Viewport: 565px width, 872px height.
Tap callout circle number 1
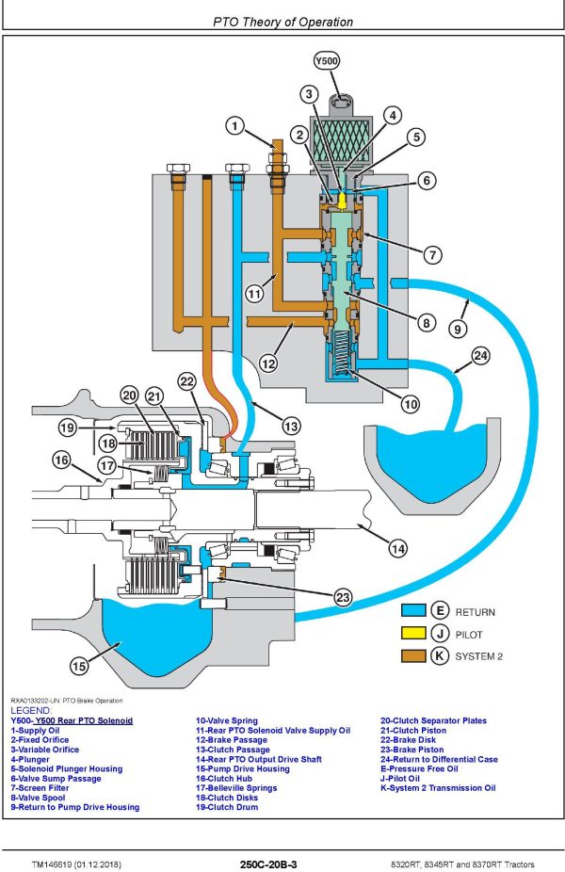[x=235, y=124]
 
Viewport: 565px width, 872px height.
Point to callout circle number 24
[x=481, y=356]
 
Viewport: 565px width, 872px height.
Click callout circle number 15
[x=79, y=666]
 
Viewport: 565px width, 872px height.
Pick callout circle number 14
[x=398, y=547]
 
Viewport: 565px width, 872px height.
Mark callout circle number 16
[x=63, y=460]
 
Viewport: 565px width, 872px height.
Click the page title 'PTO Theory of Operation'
[x=282, y=22]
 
